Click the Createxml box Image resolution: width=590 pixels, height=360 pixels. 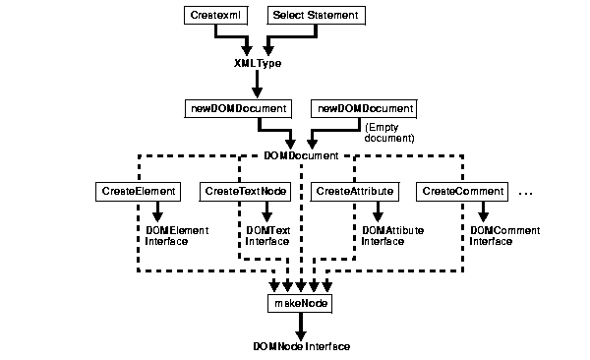coord(210,16)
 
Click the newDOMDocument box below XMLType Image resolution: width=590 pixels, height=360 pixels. coord(237,107)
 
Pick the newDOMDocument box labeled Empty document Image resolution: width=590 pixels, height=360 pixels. coord(363,107)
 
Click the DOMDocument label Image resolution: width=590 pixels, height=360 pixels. coord(301,155)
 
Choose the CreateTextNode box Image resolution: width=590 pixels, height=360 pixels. coord(246,190)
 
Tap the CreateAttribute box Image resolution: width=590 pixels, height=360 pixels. coord(354,190)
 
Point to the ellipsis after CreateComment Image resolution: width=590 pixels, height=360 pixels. coord(524,194)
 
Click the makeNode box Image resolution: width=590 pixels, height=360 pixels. coord(300,304)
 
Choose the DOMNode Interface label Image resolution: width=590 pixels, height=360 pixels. coord(301,346)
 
